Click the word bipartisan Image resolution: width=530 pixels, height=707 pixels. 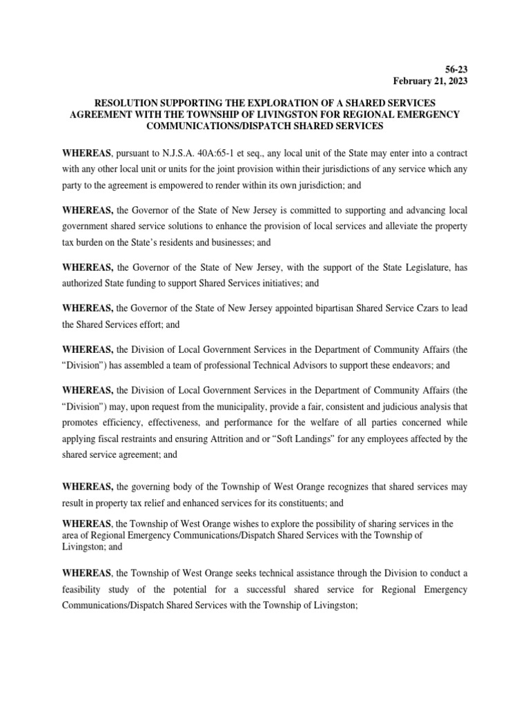click(337, 307)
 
